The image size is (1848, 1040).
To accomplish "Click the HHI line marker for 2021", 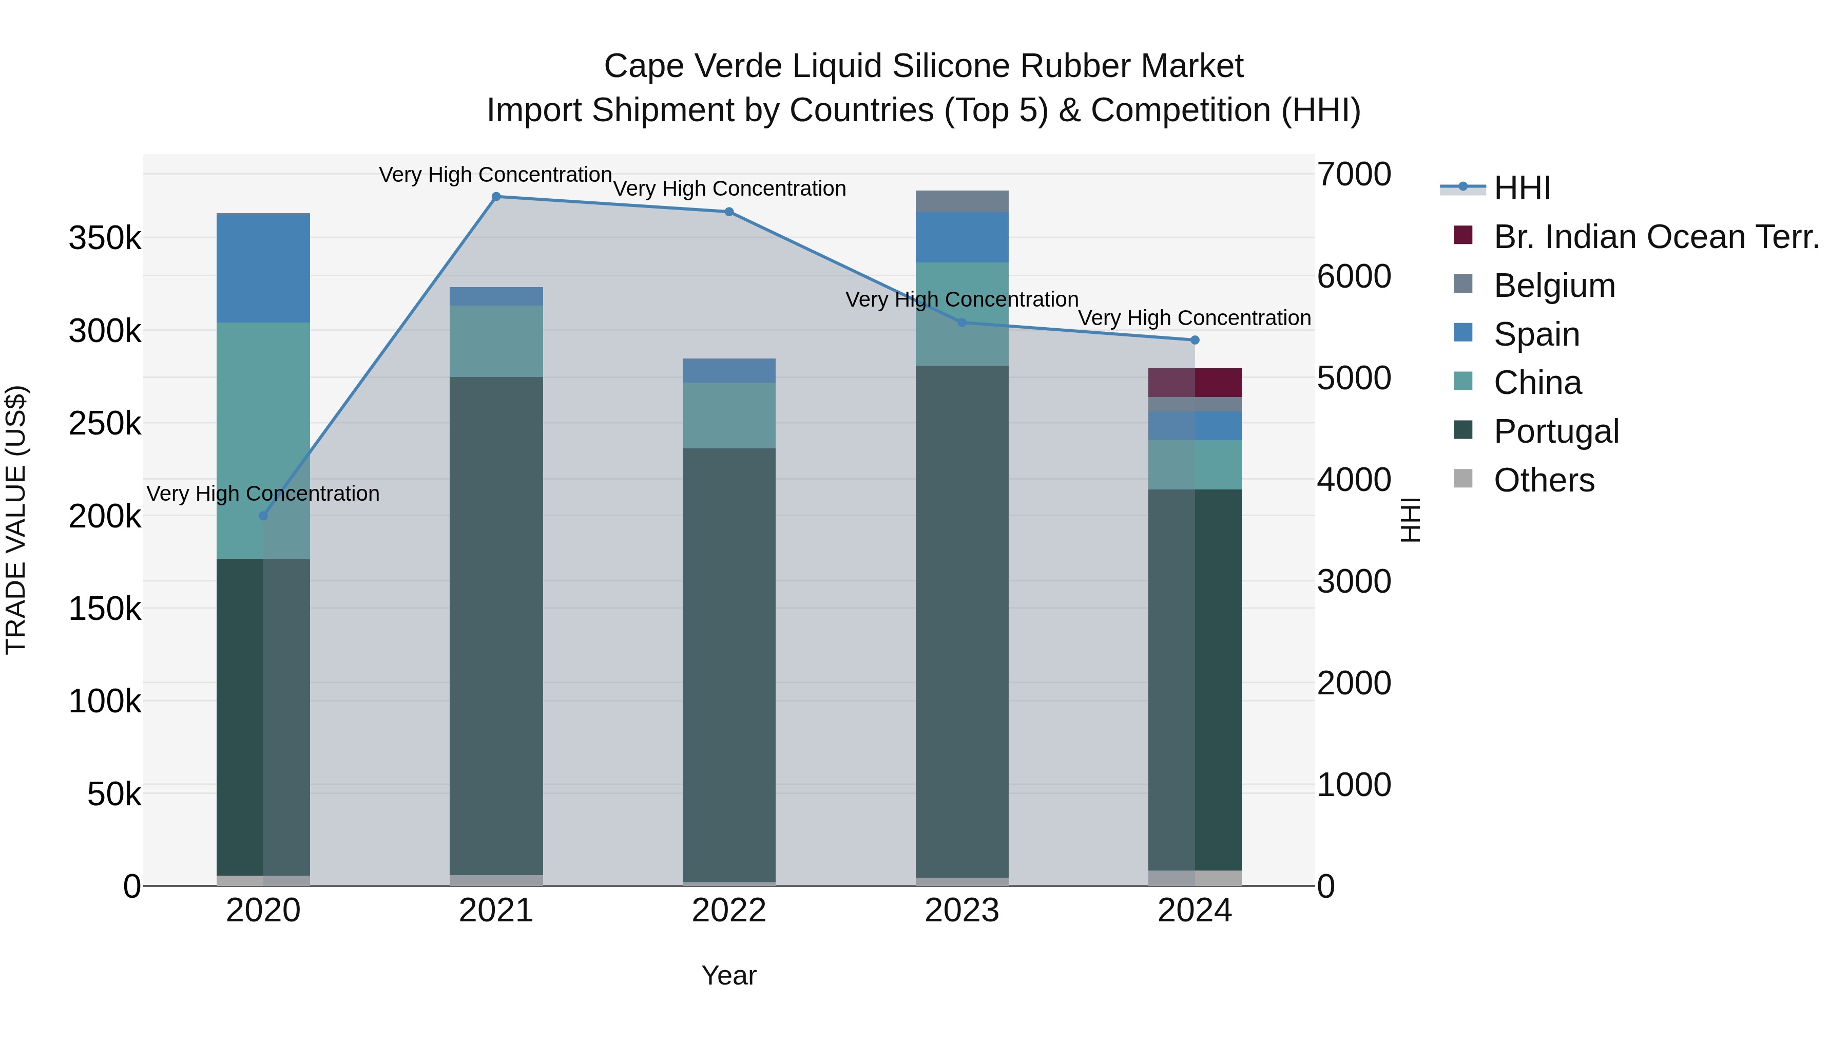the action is point(496,197).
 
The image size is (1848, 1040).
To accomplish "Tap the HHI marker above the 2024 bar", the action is point(1195,340).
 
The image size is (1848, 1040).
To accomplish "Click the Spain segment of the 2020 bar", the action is point(263,269).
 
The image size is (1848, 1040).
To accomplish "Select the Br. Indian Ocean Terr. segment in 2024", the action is point(1195,383).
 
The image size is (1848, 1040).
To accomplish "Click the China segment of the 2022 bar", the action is point(729,415).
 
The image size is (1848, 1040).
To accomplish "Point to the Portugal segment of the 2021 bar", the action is point(496,625).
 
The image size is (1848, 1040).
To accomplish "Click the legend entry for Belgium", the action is point(1554,286).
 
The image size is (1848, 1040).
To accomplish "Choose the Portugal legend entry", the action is point(1556,431).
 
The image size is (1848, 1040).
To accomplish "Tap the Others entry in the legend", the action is point(1544,480).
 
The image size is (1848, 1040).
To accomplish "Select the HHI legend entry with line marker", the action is point(1521,188).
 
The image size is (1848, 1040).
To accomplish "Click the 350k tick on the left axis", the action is point(105,238).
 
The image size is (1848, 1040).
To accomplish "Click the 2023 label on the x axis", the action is point(962,911).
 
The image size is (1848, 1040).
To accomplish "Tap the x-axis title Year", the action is point(729,975).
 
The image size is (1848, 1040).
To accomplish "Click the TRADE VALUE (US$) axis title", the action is point(16,520).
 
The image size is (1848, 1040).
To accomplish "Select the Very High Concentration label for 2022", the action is point(729,189).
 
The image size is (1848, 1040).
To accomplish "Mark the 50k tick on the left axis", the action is point(113,794).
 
